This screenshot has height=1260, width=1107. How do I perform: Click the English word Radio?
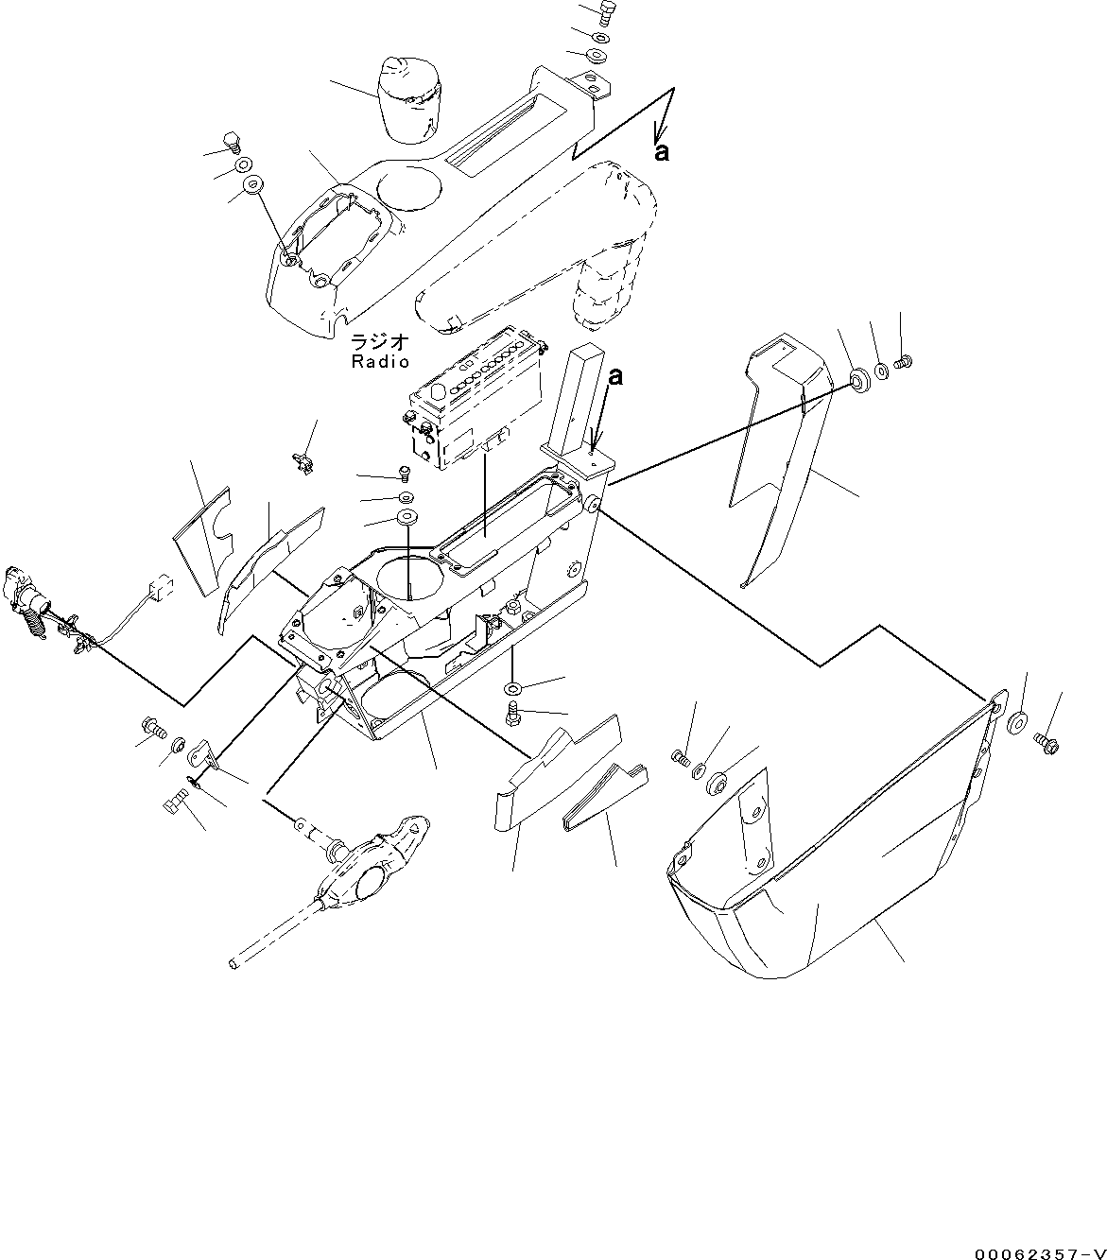pyautogui.click(x=380, y=362)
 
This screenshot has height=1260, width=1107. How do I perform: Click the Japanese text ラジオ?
pyautogui.click(x=380, y=342)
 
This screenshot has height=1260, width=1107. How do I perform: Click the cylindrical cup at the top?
pyautogui.click(x=408, y=100)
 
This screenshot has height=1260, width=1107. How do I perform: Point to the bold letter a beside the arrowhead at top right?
pyautogui.click(x=663, y=152)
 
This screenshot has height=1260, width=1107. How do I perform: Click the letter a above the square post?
pyautogui.click(x=615, y=377)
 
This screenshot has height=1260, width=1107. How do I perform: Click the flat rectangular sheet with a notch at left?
pyautogui.click(x=201, y=542)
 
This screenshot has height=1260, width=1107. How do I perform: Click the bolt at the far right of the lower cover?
pyautogui.click(x=1046, y=743)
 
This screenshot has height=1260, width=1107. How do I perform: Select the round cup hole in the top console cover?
pyautogui.click(x=408, y=186)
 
